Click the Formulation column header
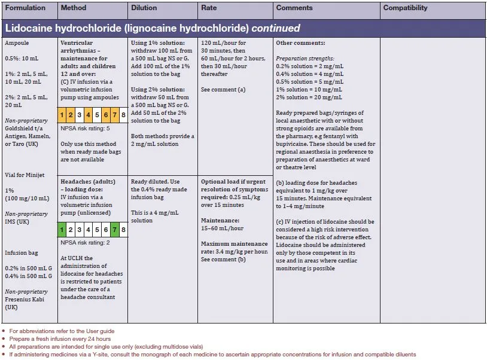tap(25, 8)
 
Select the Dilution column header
tap(144, 8)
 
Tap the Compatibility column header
tap(405, 8)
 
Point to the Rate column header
tap(209, 8)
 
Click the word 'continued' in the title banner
tap(276, 28)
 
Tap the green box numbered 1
tap(63, 229)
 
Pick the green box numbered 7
tap(115, 229)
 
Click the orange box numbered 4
tap(89, 114)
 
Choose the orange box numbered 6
tap(106, 114)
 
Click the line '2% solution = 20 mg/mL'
tap(309, 97)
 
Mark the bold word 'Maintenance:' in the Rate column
tap(220, 221)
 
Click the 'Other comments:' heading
tap(300, 43)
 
